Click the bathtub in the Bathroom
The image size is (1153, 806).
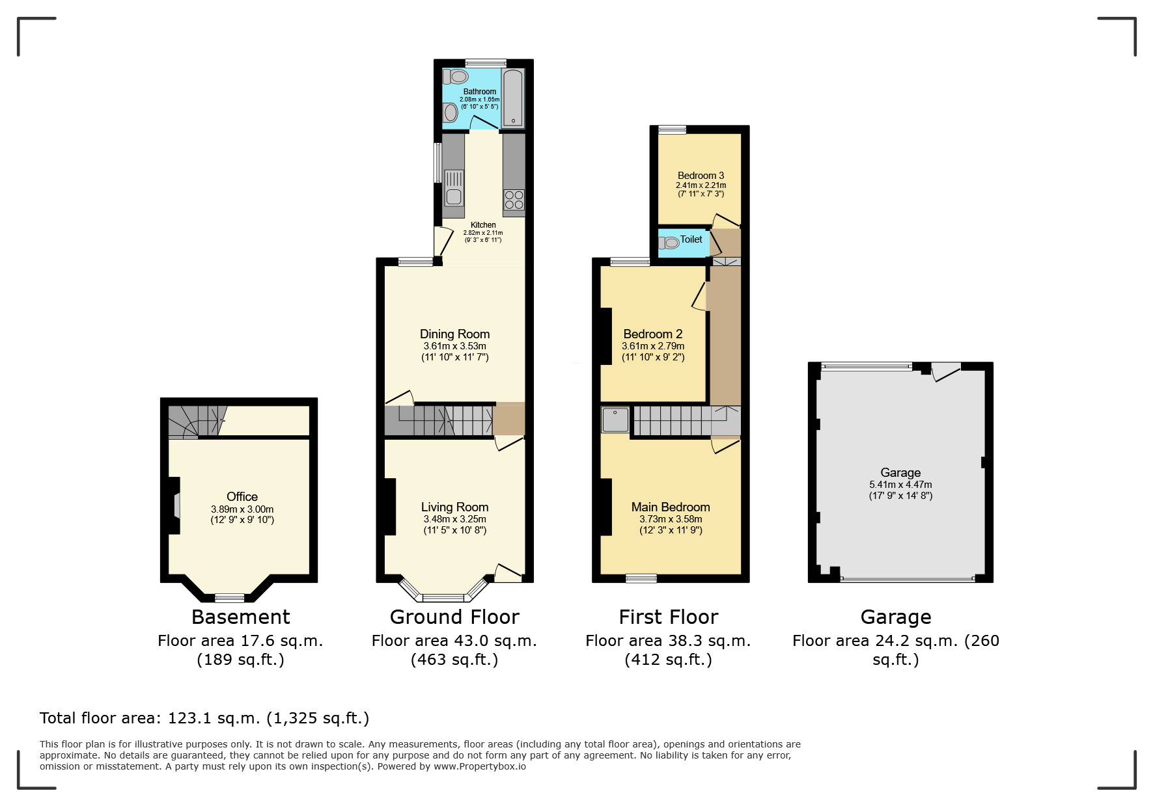click(x=513, y=97)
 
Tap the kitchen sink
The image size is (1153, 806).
click(x=454, y=187)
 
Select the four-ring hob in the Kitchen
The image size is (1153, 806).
click(x=514, y=200)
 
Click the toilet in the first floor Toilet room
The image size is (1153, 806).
click(x=669, y=243)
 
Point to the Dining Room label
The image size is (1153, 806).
click(x=454, y=334)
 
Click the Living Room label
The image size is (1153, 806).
click(x=454, y=507)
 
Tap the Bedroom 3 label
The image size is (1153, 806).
click(x=701, y=176)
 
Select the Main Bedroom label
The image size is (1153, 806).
click(x=671, y=507)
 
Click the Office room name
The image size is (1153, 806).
click(x=242, y=496)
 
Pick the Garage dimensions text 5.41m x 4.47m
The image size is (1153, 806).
click(x=900, y=485)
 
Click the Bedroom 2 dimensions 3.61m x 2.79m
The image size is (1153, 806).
click(x=653, y=346)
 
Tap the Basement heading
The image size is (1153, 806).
click(x=241, y=617)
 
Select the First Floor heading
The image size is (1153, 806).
click(x=669, y=617)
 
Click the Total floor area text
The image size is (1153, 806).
click(x=204, y=718)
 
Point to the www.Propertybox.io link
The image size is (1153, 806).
click(x=480, y=766)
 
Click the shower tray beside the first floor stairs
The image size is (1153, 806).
click(x=615, y=420)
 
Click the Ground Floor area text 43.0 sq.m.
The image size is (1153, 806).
click(x=454, y=641)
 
